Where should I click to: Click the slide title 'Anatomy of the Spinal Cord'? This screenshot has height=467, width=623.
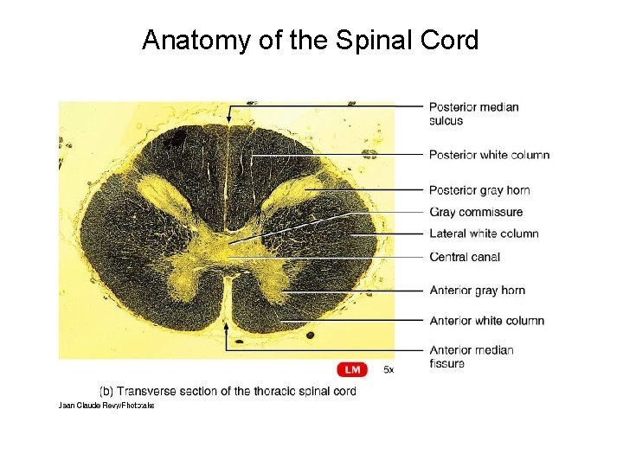click(x=310, y=40)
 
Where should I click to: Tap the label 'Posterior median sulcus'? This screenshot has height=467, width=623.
click(x=473, y=113)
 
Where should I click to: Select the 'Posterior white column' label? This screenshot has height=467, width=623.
click(x=489, y=155)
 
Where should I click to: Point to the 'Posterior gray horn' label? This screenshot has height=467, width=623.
click(x=479, y=190)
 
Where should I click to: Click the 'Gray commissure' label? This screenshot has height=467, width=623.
click(x=476, y=212)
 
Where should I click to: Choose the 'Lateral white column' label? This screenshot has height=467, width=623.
click(x=484, y=233)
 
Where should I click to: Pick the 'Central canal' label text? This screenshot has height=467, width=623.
click(x=465, y=257)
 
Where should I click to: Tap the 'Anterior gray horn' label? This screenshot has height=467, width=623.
click(x=477, y=290)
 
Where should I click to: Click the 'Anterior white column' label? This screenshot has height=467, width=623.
click(x=486, y=321)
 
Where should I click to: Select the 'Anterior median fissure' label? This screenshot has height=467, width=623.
click(x=472, y=356)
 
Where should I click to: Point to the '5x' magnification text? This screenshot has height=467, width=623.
click(x=389, y=370)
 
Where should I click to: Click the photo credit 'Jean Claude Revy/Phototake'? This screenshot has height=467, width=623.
click(x=106, y=405)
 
